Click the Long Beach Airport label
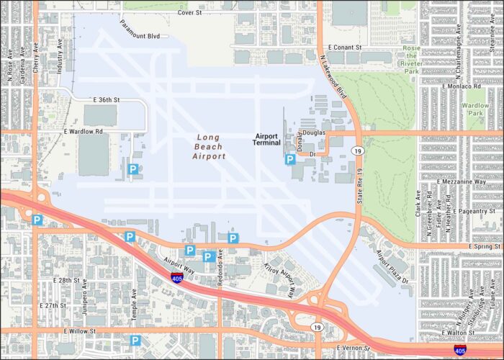[x=209, y=146]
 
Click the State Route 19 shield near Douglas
[x=357, y=150]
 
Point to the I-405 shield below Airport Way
[x=176, y=277]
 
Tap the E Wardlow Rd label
[x=83, y=132]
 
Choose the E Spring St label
[x=482, y=246]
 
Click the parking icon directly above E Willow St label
[x=135, y=341]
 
